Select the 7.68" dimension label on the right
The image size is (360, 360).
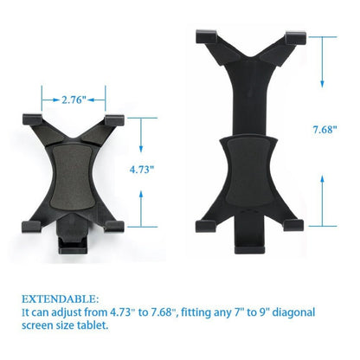(324, 131)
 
